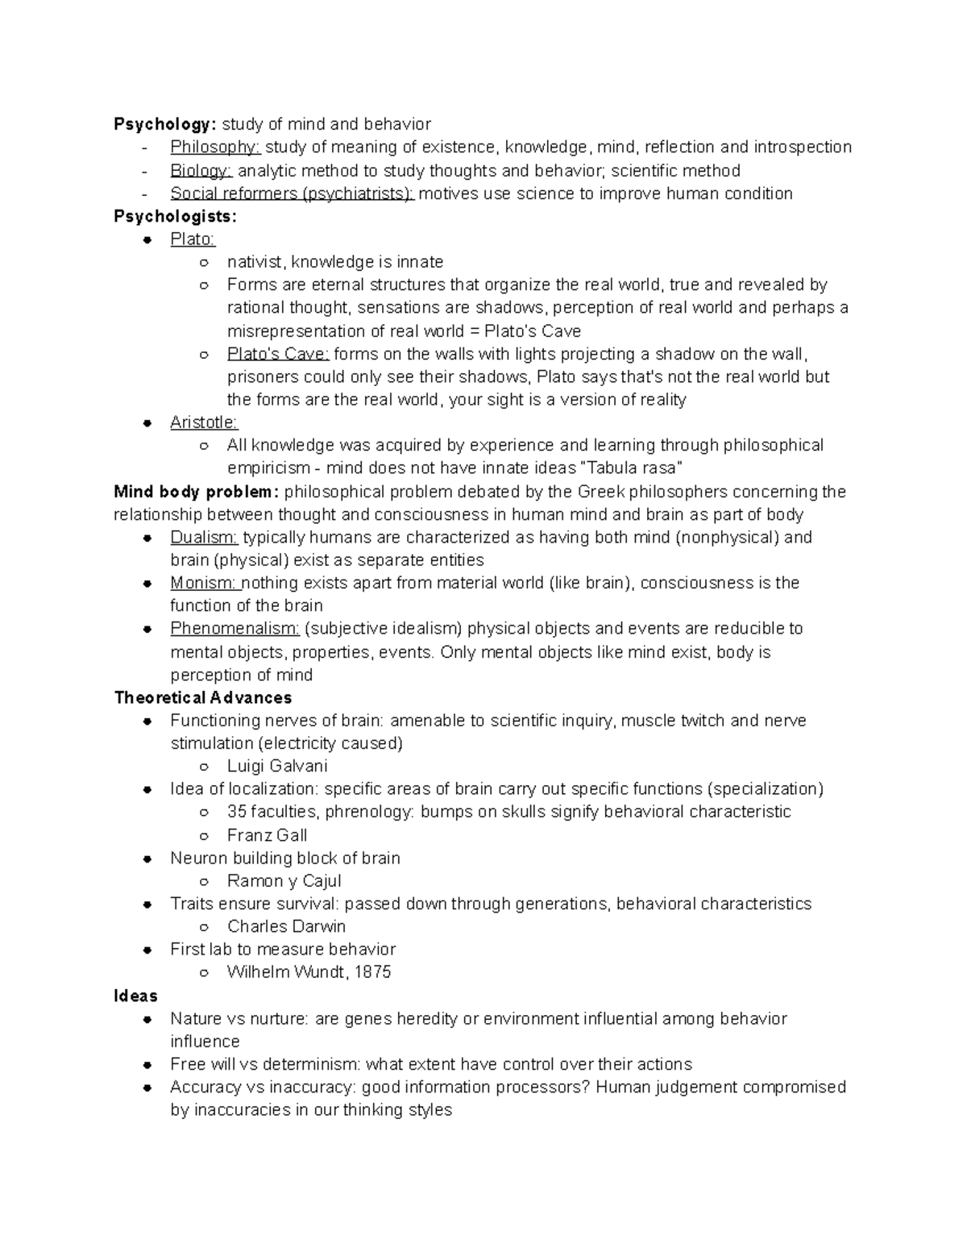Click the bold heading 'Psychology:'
(x=165, y=124)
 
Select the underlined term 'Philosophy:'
(x=215, y=148)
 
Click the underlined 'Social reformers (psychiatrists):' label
(x=292, y=193)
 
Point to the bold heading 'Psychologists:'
(x=176, y=216)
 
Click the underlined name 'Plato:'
(x=193, y=239)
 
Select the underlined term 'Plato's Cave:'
(x=278, y=354)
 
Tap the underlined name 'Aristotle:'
(x=203, y=422)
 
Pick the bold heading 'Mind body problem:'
(x=197, y=492)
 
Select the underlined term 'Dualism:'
(x=204, y=538)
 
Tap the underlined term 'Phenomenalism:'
(x=234, y=629)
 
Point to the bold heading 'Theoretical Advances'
(x=203, y=698)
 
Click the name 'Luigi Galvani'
(x=277, y=767)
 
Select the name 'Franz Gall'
(x=267, y=835)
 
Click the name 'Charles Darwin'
(x=286, y=926)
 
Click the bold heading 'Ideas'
(x=135, y=996)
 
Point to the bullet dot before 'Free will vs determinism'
(x=147, y=1065)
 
